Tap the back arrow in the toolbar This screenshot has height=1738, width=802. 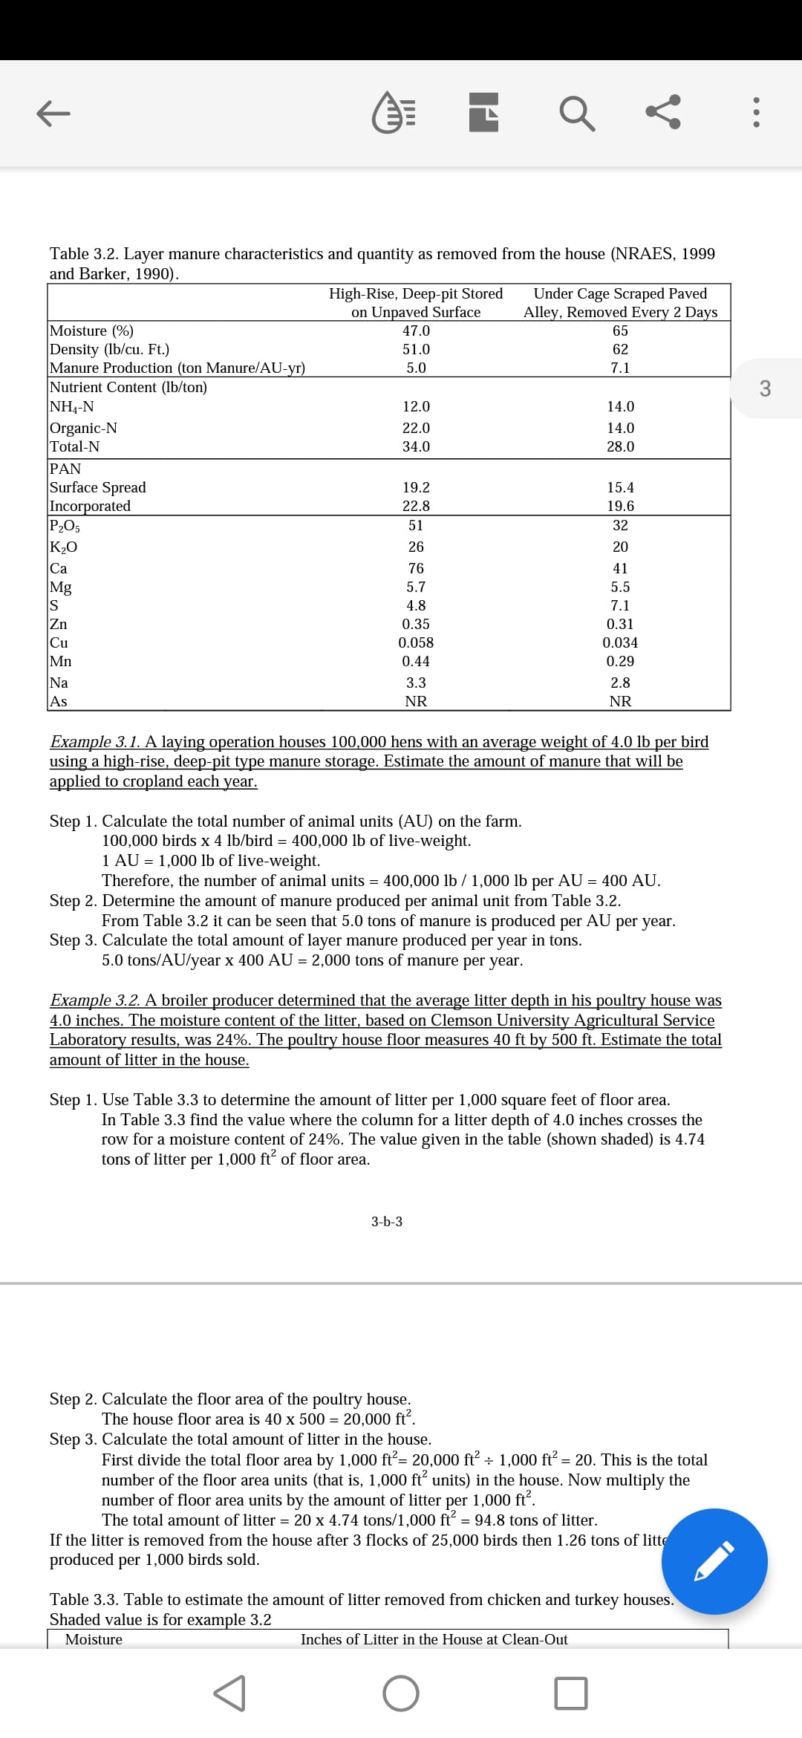click(53, 114)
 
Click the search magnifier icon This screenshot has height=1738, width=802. click(576, 114)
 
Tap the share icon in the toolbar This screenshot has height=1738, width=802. click(662, 114)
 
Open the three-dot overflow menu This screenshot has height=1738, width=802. click(756, 114)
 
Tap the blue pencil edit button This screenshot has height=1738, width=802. click(714, 1563)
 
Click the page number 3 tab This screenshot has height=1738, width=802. click(766, 388)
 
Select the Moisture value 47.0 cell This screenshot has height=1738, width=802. click(416, 331)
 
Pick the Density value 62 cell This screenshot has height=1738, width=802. click(620, 349)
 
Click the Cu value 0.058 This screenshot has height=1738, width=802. click(416, 642)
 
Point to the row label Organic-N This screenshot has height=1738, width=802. click(83, 428)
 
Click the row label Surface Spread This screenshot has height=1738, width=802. click(97, 487)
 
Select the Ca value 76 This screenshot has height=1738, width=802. click(416, 568)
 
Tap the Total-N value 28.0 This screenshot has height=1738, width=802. click(620, 446)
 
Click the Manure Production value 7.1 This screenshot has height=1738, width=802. click(620, 368)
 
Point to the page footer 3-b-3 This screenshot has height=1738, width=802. click(387, 1222)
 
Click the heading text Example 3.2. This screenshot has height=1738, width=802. click(95, 1000)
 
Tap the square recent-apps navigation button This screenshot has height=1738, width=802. click(570, 1693)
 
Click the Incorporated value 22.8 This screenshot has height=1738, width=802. click(416, 506)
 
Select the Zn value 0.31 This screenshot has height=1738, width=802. click(620, 624)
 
